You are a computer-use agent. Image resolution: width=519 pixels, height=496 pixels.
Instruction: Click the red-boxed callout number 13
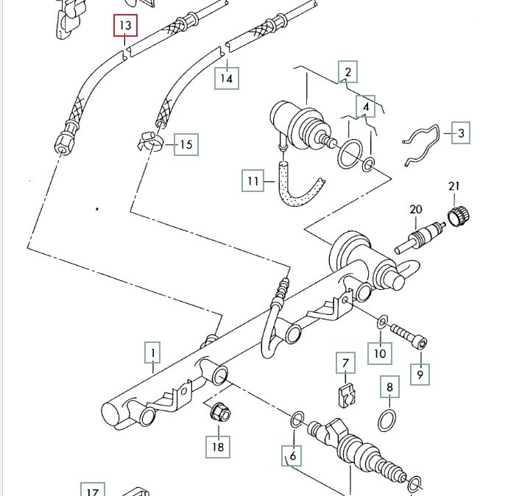pos(125,26)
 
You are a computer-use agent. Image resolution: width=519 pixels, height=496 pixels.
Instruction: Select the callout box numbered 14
pos(227,78)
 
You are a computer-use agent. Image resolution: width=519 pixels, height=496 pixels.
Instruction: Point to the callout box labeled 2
pos(347,72)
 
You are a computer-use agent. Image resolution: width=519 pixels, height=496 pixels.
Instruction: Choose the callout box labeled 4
pos(366,107)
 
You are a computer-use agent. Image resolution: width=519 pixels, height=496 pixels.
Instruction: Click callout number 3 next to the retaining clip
pos(461,133)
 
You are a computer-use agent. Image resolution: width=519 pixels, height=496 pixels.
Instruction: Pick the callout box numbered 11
pos(253,180)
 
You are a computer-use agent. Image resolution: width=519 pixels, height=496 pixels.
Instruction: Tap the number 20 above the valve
pos(416,210)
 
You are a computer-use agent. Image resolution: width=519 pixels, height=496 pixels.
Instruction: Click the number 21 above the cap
pos(453,185)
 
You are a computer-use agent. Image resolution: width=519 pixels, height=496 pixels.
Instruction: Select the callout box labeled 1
pos(152,355)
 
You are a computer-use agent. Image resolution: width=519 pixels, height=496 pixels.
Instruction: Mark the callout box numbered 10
pos(379,353)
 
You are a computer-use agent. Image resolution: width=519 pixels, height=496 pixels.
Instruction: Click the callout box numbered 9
pos(420,373)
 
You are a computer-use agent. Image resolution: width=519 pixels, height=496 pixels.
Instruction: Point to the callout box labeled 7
pos(345,364)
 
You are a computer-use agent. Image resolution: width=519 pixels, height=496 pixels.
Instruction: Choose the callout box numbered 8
pos(389,387)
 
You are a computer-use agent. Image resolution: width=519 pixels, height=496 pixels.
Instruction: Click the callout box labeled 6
pos(292,456)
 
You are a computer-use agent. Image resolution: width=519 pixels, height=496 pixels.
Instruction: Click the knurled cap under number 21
pos(459,216)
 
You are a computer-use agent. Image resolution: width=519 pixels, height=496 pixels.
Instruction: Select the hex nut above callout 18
pos(219,412)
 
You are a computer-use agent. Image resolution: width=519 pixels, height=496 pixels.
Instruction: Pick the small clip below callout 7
pos(344,394)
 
